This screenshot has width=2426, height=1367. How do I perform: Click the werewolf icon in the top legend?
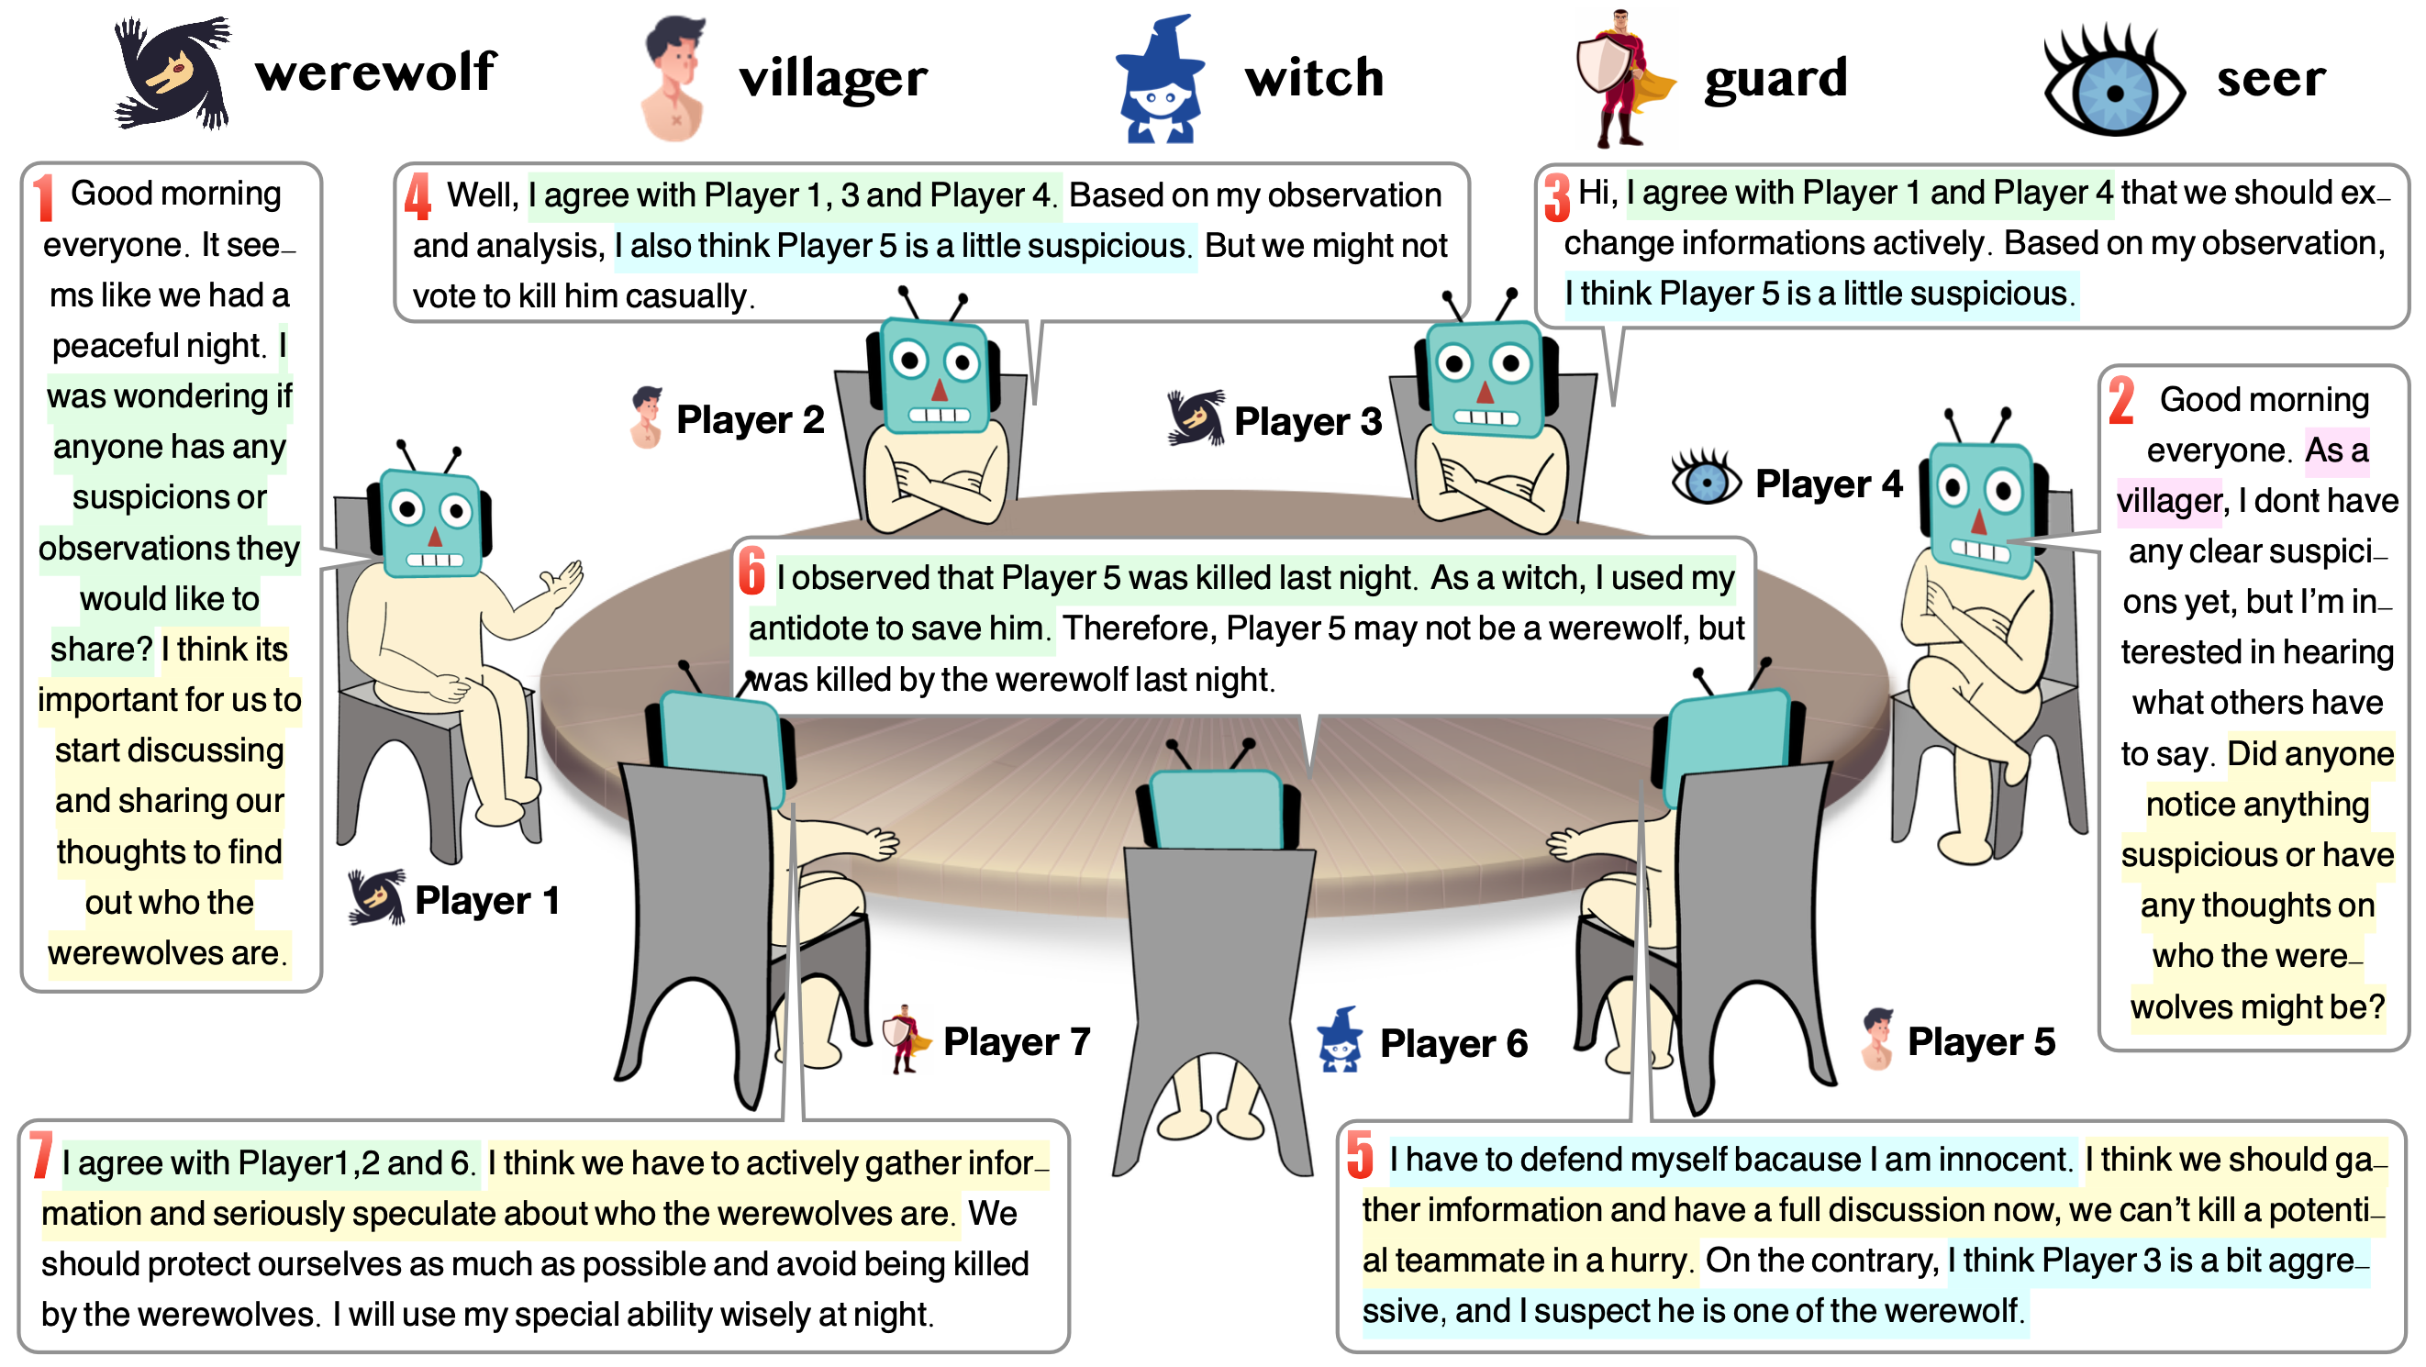point(172,72)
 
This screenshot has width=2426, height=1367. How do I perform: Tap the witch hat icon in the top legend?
point(1159,80)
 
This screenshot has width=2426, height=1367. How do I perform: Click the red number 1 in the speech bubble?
point(43,197)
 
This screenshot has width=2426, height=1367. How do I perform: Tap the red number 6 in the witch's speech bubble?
point(751,571)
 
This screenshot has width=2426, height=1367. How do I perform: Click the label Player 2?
point(750,420)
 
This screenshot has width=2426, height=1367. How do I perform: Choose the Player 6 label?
point(1452,1043)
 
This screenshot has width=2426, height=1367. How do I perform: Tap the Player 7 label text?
point(1016,1041)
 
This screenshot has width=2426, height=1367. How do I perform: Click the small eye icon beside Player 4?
point(1706,480)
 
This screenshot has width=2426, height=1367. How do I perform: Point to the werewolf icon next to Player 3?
point(1195,417)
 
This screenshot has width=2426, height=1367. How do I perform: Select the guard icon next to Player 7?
point(906,1039)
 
